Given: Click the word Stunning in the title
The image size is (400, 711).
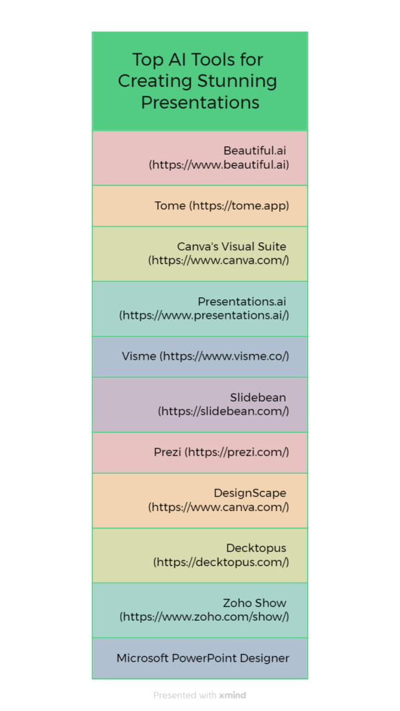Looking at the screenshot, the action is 237,82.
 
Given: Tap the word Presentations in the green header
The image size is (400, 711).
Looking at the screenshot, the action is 200,102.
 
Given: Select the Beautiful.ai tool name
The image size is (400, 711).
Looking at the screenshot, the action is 255,151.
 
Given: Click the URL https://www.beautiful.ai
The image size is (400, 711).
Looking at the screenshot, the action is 219,165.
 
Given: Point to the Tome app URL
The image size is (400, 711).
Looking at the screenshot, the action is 240,206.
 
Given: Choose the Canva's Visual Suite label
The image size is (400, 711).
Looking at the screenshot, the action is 232,246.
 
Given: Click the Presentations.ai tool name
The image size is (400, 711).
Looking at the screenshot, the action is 242,301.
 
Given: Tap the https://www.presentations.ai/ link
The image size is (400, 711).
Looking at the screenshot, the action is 204,316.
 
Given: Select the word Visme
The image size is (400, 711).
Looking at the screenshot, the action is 139,356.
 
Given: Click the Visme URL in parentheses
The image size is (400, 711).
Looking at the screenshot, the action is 224,356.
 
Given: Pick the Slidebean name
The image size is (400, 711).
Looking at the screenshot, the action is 258,398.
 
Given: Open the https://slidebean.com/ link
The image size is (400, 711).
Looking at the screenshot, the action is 224,412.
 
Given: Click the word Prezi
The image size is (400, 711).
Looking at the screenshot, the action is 167,452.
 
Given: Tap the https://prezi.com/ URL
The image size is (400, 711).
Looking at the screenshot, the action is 237,452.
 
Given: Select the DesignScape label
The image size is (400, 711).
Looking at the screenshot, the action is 250,493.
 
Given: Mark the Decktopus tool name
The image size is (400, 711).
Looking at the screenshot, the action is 256,549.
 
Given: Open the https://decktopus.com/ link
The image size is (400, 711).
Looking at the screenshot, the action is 222,562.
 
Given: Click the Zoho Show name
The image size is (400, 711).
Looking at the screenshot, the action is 255,603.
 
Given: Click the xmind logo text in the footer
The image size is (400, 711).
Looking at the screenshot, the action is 233,695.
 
